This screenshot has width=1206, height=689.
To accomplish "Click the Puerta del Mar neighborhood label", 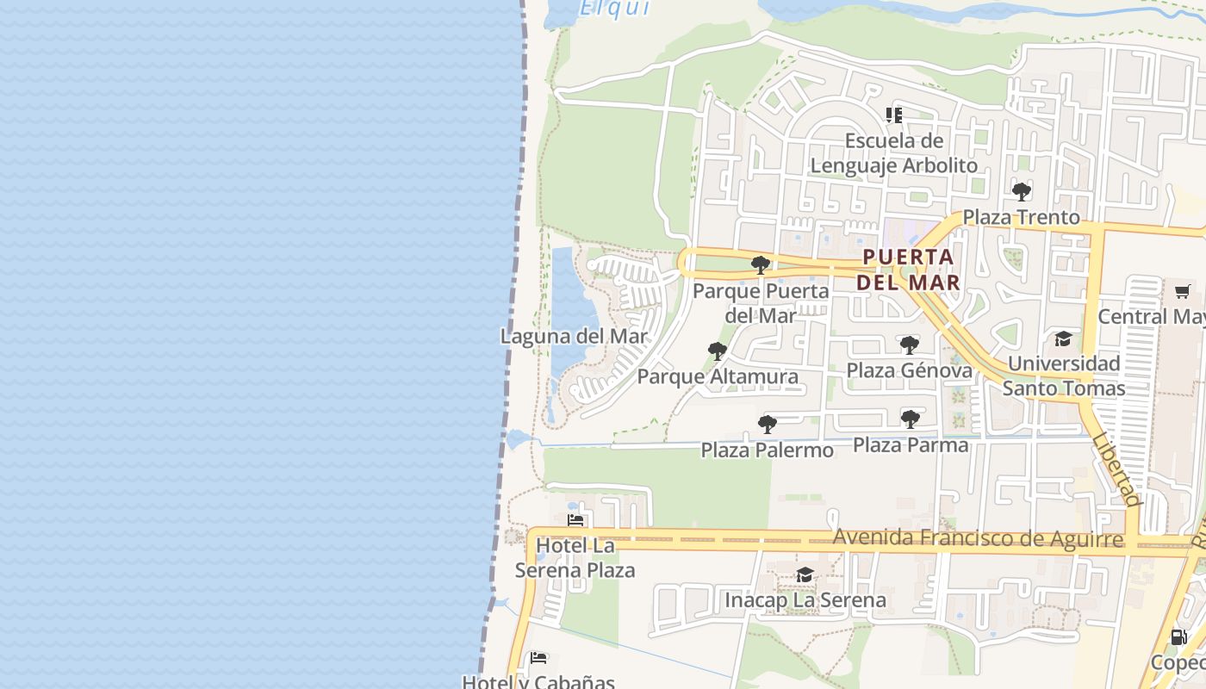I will [909, 270].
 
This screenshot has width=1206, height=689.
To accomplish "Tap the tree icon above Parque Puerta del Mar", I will [760, 264].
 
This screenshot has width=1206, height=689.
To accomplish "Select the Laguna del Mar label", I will [574, 336].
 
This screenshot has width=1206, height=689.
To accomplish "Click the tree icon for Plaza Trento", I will [1022, 191].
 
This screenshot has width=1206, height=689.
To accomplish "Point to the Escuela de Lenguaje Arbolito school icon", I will [894, 115].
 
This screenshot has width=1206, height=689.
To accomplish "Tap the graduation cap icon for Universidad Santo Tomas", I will [1063, 338].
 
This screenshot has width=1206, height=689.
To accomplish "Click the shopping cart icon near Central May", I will [1183, 291].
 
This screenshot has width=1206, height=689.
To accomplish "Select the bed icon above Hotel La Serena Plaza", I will [575, 520].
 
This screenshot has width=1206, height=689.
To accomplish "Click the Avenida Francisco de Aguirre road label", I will [978, 539].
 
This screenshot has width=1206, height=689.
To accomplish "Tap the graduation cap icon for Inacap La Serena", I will [805, 574].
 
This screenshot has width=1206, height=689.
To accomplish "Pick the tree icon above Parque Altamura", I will [717, 351].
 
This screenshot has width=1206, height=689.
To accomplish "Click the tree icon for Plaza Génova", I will [909, 345].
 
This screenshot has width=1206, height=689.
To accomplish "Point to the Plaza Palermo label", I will [767, 450].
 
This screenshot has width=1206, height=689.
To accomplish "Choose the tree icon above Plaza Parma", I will [911, 419].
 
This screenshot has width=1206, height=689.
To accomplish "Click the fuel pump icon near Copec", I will [1178, 638].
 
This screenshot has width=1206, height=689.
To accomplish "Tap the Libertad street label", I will [1116, 469].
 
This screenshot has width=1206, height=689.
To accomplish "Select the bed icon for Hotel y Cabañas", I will [538, 659].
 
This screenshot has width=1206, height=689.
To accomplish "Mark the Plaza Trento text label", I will [1021, 217].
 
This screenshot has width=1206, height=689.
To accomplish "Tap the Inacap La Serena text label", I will [805, 600].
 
